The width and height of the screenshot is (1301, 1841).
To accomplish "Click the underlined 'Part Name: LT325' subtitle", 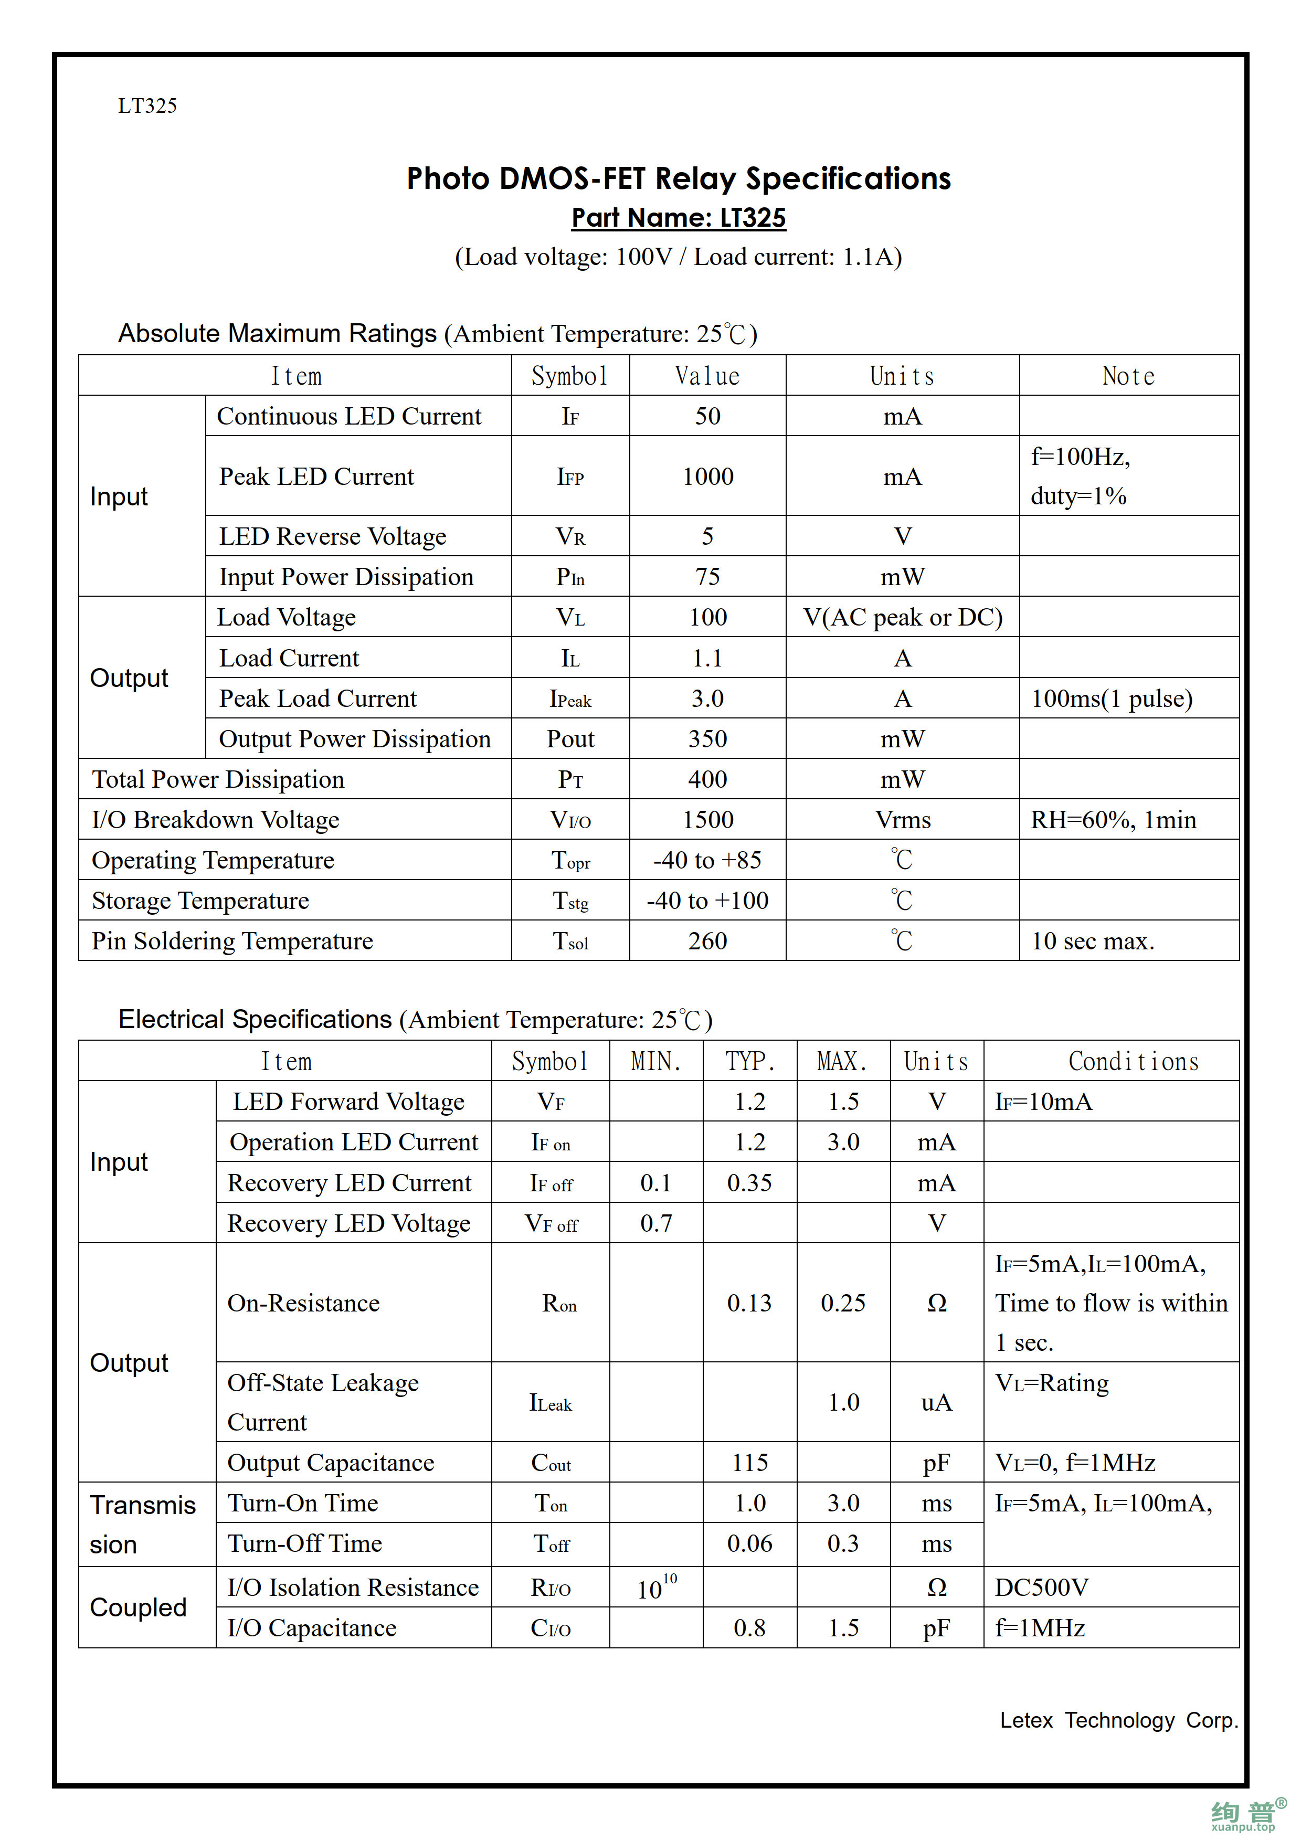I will [678, 218].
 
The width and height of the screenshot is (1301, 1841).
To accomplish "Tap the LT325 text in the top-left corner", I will [147, 106].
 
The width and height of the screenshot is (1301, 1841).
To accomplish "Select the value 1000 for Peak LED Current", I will [708, 477].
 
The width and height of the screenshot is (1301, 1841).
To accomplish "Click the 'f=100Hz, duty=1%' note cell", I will [1079, 477].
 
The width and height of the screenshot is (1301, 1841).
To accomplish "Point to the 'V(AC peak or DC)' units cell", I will [903, 617].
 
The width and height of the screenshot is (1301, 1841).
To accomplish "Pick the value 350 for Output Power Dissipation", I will [708, 738].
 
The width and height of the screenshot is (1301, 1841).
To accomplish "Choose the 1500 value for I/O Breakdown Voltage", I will [708, 819].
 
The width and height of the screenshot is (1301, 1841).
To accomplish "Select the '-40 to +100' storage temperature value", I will [708, 901].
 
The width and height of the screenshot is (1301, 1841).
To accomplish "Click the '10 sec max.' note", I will [1093, 940].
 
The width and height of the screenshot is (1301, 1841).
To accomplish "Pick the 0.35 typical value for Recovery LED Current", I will [749, 1183].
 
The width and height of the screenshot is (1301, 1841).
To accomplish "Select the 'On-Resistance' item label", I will [304, 1303].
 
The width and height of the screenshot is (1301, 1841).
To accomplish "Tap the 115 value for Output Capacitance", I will [749, 1463].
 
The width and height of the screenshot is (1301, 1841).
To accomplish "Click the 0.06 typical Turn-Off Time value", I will [749, 1543].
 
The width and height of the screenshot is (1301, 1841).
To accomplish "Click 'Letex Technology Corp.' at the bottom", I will [1119, 1720].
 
